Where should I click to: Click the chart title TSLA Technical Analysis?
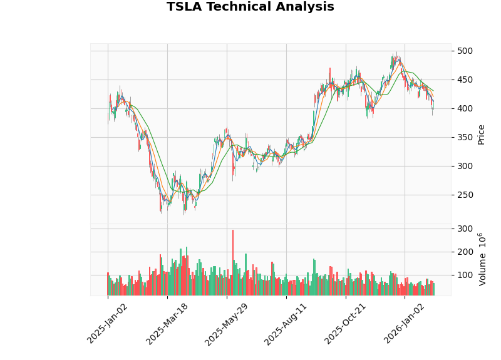pyautogui.click(x=250, y=7)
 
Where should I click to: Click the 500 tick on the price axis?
pyautogui.click(x=465, y=51)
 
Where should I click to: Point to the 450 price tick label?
pyautogui.click(x=465, y=80)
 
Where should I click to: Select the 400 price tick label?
pyautogui.click(x=465, y=108)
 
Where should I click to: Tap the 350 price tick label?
pyautogui.click(x=465, y=137)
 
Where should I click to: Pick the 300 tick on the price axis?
pyautogui.click(x=465, y=166)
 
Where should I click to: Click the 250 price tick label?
pyautogui.click(x=465, y=195)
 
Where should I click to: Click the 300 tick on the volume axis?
pyautogui.click(x=465, y=229)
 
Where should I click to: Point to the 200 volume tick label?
pyautogui.click(x=465, y=252)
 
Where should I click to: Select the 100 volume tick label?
pyautogui.click(x=465, y=275)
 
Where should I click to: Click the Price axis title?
pyautogui.click(x=481, y=134)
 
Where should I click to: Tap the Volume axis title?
pyautogui.click(x=482, y=259)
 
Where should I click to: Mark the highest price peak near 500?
pyautogui.click(x=396, y=53)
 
